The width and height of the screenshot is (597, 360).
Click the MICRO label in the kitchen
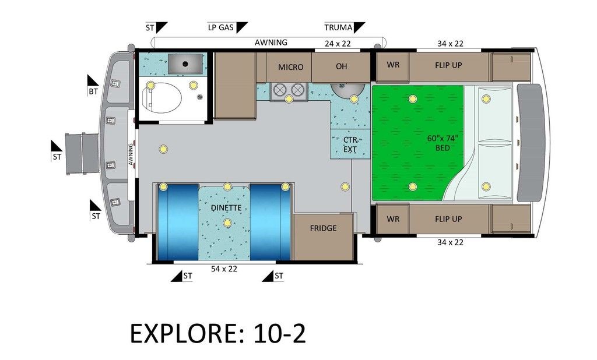click(x=290, y=68)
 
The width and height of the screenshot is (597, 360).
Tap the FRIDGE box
click(x=323, y=238)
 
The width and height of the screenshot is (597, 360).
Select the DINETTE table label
click(x=226, y=208)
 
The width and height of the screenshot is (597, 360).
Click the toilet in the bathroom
click(x=161, y=98)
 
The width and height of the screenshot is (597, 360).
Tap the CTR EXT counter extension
click(x=350, y=144)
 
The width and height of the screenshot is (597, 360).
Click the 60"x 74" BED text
click(x=443, y=143)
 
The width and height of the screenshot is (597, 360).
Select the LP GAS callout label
click(x=221, y=27)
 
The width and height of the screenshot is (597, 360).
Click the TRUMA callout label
click(x=339, y=27)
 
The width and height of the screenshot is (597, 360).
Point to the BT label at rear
click(x=93, y=91)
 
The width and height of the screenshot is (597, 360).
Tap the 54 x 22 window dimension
click(x=224, y=269)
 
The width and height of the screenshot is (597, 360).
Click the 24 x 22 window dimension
click(x=338, y=43)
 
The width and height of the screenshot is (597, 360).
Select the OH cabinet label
click(x=342, y=66)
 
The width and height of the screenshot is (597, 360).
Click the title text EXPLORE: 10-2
click(x=218, y=334)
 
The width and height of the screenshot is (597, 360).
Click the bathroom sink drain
click(x=185, y=64)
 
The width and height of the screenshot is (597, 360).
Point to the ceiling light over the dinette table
click(x=227, y=223)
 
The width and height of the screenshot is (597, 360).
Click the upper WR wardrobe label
click(x=393, y=65)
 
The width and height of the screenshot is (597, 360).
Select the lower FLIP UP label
click(x=448, y=219)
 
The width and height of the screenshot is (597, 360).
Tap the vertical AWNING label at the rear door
click(x=131, y=154)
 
